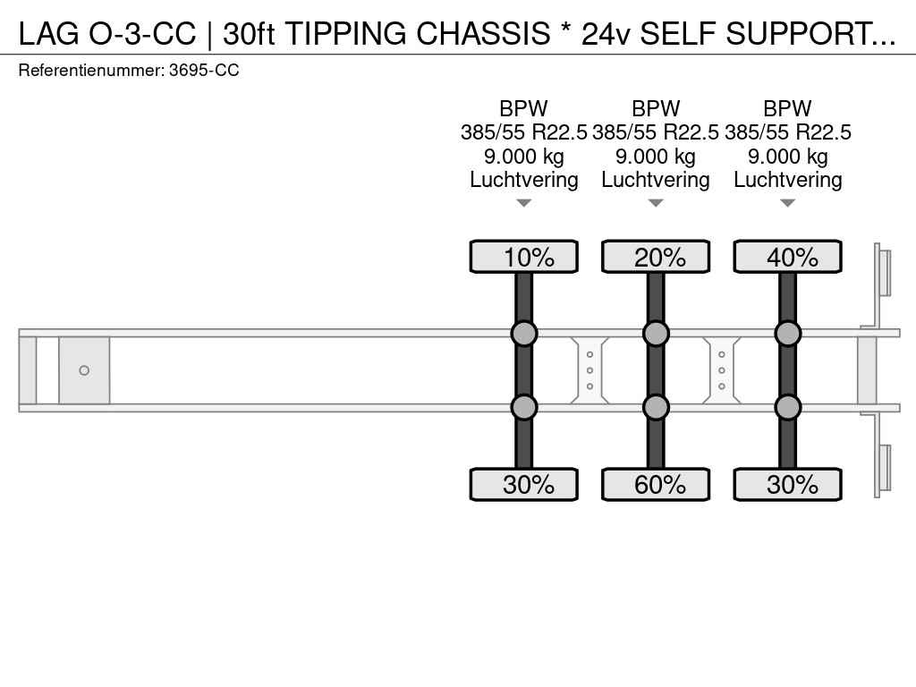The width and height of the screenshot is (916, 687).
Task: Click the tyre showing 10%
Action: (523, 257)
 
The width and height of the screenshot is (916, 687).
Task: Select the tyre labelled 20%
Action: (656, 257)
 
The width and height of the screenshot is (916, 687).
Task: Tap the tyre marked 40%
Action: (787, 257)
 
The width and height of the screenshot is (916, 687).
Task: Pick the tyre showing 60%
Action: (656, 485)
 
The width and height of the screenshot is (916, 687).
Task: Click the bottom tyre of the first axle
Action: (523, 485)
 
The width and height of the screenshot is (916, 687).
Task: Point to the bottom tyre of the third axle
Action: (787, 485)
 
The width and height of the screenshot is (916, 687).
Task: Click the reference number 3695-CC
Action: (204, 70)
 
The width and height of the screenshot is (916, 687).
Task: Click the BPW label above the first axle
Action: (523, 109)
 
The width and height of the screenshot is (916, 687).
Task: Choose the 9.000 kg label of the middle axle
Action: (656, 157)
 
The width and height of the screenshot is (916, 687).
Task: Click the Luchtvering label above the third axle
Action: (787, 180)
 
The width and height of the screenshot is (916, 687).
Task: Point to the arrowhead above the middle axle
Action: (656, 203)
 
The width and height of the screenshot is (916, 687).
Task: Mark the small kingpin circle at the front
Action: (84, 370)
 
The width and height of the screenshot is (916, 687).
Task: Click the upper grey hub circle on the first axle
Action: (523, 334)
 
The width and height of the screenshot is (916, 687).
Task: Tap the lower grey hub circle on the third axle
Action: (787, 407)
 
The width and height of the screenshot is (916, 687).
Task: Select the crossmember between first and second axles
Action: (589, 370)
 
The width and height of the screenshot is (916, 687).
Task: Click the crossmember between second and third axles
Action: (722, 370)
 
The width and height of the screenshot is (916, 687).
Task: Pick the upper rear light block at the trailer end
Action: (884, 272)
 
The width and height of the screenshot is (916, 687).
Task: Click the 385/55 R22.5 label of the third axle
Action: (787, 132)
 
